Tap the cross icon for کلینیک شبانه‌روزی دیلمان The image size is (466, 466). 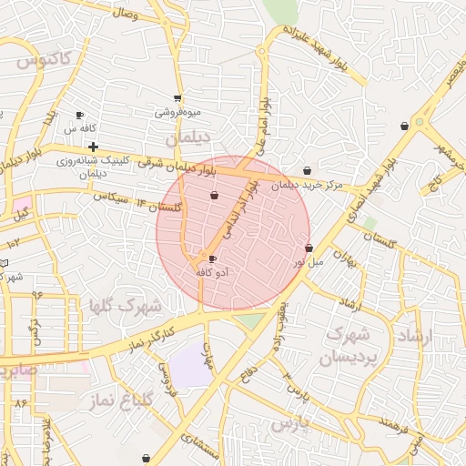click(x=93, y=146)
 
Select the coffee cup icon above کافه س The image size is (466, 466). click(x=80, y=116)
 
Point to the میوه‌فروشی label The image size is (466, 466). click(x=177, y=112)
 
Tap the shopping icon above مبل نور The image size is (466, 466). click(x=309, y=248)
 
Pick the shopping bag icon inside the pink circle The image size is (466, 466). click(x=215, y=195)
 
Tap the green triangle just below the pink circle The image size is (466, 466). click(x=247, y=319)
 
